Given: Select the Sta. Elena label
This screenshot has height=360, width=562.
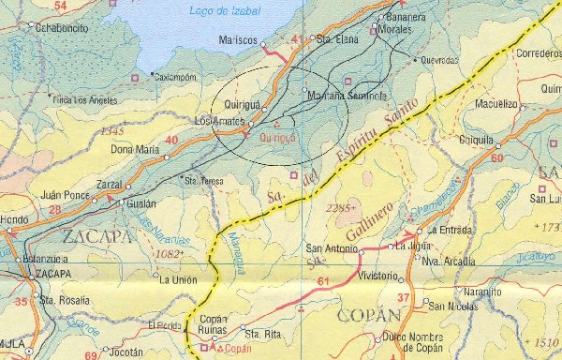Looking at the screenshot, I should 338,40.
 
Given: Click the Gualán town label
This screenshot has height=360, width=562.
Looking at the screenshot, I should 141,202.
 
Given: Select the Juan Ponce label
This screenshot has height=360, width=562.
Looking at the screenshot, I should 65,196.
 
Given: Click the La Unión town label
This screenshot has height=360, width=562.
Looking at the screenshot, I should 179,279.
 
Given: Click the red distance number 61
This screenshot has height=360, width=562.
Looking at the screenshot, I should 324,281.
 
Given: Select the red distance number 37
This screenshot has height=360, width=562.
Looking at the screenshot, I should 403,298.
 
